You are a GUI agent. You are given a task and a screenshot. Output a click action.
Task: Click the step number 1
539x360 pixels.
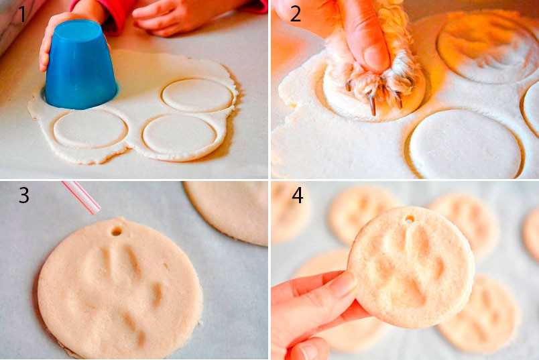(x=22, y=15)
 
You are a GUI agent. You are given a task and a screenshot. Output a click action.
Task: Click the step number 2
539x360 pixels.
(x=295, y=14)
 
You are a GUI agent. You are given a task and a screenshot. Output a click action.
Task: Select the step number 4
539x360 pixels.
(x=298, y=195)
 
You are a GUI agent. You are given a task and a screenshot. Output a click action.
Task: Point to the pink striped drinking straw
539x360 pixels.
(x=82, y=197)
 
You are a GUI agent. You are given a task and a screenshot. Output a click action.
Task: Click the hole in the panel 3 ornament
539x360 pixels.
(x=117, y=231)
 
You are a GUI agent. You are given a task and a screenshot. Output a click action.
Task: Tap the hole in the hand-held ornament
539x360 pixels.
(x=409, y=219)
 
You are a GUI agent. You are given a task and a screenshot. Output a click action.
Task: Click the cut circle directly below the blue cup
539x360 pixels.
(x=90, y=128)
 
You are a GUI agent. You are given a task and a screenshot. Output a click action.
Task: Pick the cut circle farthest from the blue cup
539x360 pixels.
(x=198, y=95)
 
